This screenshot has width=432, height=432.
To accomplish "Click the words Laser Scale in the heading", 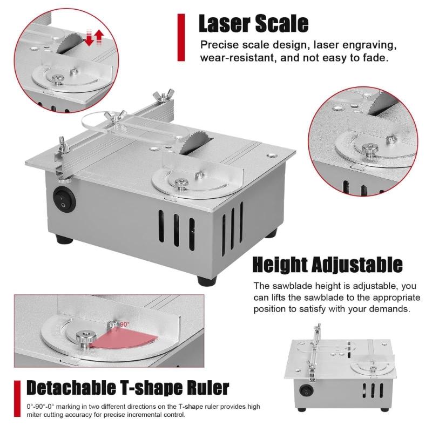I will pos(253,24).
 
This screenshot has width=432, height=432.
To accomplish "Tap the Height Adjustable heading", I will pos(328,265).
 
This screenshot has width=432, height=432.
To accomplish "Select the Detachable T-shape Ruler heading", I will pos(128,387).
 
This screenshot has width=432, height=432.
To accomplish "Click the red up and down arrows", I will pos(93,38).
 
